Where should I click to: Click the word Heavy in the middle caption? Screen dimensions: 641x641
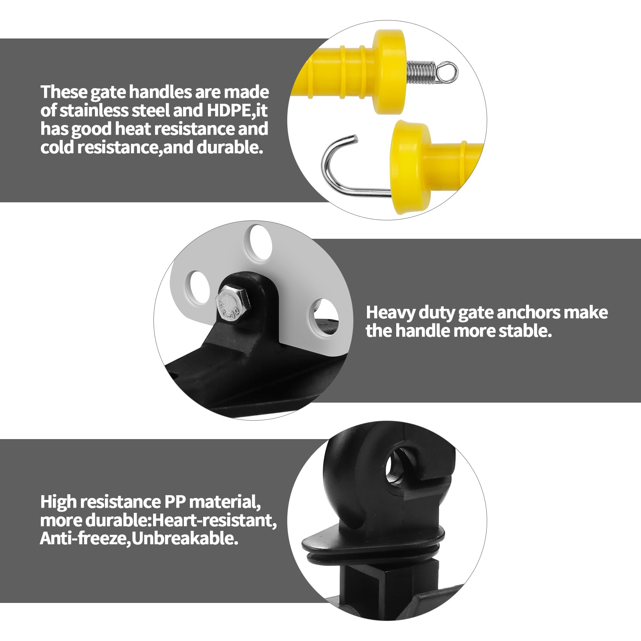pos(390,313)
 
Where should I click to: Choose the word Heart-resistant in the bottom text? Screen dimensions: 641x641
pos(215,520)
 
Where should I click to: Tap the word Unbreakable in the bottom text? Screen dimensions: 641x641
pos(185,539)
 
